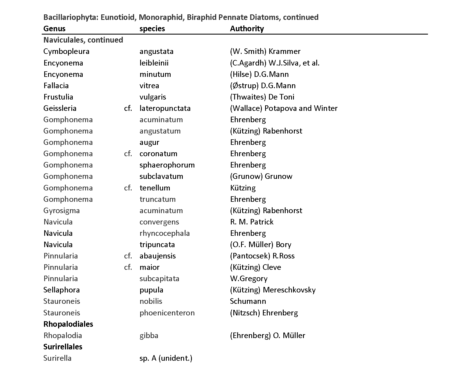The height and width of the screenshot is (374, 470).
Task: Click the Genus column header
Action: click(x=54, y=29)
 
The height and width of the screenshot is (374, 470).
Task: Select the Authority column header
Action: click(x=247, y=29)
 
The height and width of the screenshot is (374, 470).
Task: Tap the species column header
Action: click(x=152, y=29)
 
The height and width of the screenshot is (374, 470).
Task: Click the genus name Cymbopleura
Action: click(x=66, y=51)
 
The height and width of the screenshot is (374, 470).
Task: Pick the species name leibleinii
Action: click(x=154, y=63)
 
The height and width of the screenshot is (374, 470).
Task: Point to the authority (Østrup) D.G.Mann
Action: click(x=263, y=86)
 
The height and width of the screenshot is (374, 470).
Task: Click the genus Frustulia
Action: click(x=58, y=97)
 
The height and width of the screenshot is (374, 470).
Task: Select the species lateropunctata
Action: click(x=165, y=108)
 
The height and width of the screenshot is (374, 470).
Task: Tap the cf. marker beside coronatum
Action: click(x=128, y=154)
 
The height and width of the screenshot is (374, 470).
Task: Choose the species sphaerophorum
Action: click(x=167, y=165)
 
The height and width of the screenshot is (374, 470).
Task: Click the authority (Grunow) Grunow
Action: click(x=261, y=176)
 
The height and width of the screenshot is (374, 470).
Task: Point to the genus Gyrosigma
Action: click(x=62, y=211)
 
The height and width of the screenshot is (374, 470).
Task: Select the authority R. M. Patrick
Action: click(x=252, y=222)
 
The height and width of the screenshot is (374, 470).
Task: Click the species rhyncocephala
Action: click(x=164, y=233)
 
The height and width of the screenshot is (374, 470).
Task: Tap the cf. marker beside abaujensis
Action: click(x=128, y=256)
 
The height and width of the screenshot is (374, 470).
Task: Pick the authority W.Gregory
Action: click(x=249, y=279)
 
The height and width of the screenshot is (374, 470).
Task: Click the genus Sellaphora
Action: click(x=62, y=290)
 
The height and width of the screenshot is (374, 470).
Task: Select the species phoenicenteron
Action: click(x=167, y=313)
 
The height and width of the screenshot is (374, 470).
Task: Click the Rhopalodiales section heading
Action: click(x=68, y=324)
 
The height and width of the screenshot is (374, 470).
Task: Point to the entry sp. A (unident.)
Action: click(x=166, y=358)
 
